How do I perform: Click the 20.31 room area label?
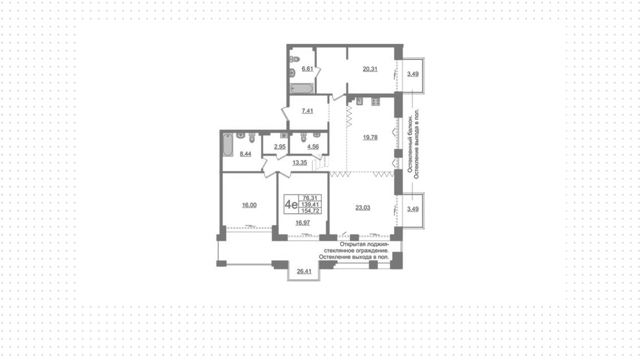(370, 69)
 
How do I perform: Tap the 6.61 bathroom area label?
(307, 69)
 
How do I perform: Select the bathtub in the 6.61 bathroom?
(302, 88)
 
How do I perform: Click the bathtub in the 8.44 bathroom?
(228, 145)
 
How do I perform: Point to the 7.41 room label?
(307, 111)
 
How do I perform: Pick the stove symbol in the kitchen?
(376, 102)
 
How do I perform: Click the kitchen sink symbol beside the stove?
(360, 101)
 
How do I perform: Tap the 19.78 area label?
(370, 137)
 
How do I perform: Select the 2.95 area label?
(280, 147)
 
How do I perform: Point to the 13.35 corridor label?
(300, 163)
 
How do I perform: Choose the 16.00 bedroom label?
(249, 205)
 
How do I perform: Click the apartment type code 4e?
(291, 204)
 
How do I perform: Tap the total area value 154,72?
(310, 211)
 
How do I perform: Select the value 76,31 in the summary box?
(310, 198)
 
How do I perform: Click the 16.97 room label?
(302, 223)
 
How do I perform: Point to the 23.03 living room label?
(363, 208)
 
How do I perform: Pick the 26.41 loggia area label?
(304, 272)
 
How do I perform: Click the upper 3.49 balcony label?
(413, 74)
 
